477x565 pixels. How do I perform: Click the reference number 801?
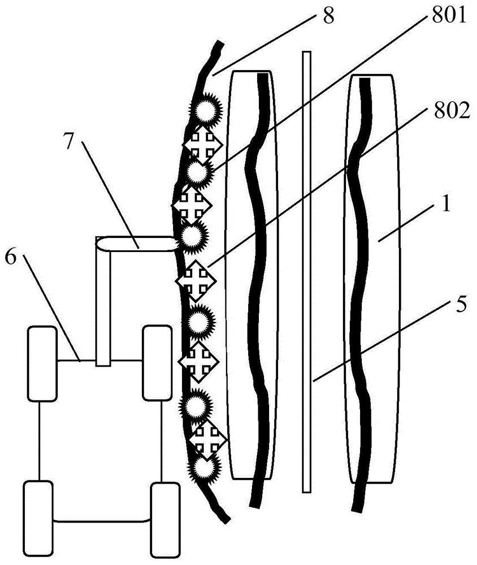449,16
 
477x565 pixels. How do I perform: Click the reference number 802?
452,111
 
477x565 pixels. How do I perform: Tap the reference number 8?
328,16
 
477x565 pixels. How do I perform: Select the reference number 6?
11,257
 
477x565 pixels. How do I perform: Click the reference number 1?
446,204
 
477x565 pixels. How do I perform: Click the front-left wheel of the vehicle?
42,363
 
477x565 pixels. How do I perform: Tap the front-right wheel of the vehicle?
157,363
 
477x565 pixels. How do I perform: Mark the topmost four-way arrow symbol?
203,144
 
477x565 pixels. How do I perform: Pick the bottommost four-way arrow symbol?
207,440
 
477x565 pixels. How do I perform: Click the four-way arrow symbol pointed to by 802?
196,280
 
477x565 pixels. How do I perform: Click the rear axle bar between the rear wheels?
102,520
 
